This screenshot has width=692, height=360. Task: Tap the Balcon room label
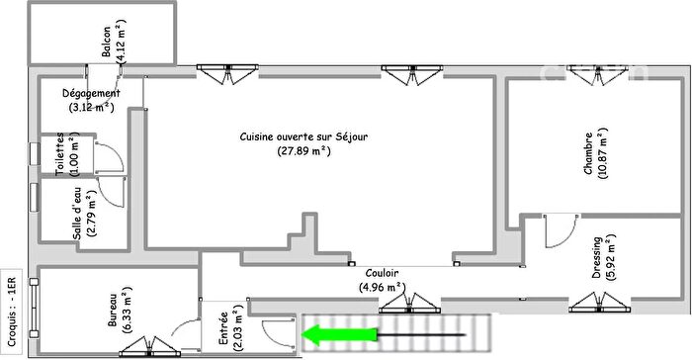(106, 41)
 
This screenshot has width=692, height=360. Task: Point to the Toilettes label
(60, 156)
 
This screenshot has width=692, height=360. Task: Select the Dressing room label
(597, 258)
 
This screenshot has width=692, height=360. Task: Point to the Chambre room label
(588, 154)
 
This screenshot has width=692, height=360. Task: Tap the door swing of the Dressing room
(561, 230)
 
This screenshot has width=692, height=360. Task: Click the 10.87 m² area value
(606, 154)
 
